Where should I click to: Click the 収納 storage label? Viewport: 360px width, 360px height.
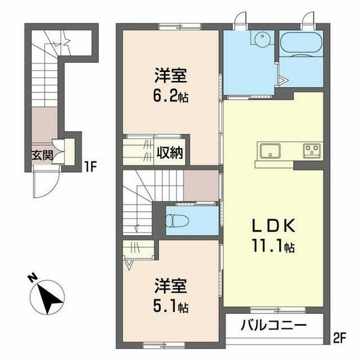pos(171,152)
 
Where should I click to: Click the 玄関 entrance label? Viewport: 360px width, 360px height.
pos(43,154)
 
